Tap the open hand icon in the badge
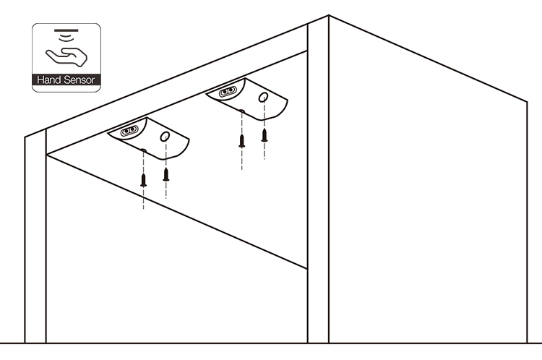[66, 55]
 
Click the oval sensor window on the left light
[129, 131]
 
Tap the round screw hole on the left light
[165, 136]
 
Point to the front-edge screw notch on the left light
[143, 151]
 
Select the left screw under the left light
[143, 180]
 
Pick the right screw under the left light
[165, 173]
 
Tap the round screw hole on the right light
[264, 96]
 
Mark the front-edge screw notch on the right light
[241, 111]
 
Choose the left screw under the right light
[241, 140]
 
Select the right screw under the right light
[264, 134]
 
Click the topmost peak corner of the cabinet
[329, 15]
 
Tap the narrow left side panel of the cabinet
[35, 239]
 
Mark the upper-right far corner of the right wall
[527, 101]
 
